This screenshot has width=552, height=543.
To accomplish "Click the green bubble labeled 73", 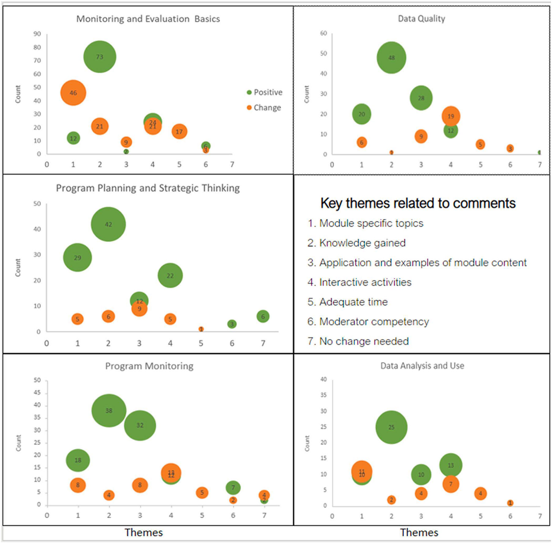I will point(100,57).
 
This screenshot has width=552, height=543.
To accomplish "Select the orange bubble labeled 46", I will point(73,93).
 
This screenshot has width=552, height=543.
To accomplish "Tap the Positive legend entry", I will point(265,92).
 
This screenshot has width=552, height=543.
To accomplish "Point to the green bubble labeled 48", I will point(391,58).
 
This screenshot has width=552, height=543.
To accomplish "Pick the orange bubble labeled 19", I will point(451,116).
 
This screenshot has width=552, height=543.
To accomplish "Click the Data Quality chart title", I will point(421,19).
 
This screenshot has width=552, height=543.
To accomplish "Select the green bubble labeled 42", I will point(108,224).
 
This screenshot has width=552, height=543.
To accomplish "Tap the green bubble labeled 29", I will point(77,258).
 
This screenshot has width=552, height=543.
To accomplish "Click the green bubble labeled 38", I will point(109,411).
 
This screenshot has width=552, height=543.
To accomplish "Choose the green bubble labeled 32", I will point(140,425).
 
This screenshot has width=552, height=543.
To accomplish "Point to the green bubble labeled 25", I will point(391,427).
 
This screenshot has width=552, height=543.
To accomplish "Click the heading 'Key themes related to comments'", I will point(418,203).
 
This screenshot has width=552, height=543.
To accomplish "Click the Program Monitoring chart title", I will point(149,366).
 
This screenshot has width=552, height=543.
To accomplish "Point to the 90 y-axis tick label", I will point(37,34).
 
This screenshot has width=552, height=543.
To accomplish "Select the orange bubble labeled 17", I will point(179,132).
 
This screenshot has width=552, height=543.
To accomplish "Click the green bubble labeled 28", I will point(421,98).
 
